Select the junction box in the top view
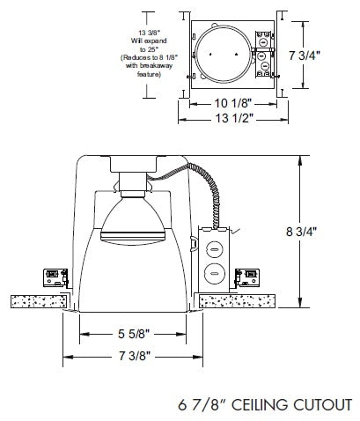coord(261,55)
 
